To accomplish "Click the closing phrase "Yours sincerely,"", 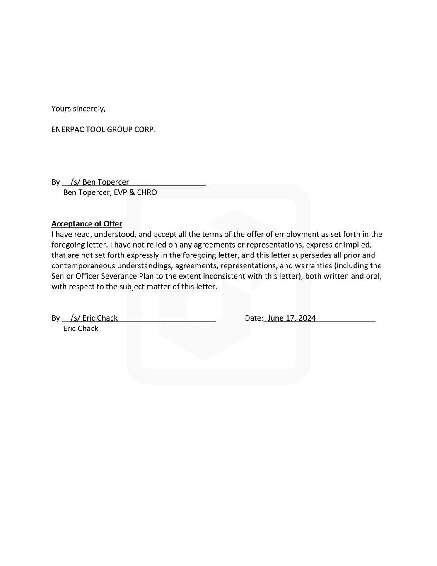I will point(78,109).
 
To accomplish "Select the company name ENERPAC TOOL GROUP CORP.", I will point(104,129).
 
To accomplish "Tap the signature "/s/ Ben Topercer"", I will point(100,182).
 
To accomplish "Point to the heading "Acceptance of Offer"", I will point(87,224).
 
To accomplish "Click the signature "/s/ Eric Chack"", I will point(94,318).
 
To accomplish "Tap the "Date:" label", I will point(254,318).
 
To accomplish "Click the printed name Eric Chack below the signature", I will point(81,328).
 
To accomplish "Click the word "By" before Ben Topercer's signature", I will point(56,182).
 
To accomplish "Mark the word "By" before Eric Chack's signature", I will point(56,318).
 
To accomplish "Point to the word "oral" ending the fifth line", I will point(374,276).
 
